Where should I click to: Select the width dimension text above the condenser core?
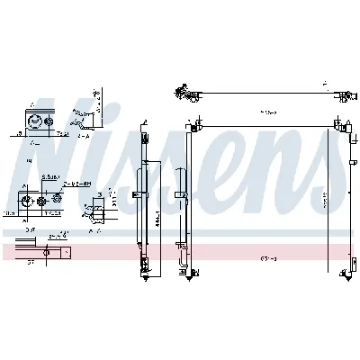tap(267, 113)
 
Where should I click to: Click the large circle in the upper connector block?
tap(36, 124)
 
